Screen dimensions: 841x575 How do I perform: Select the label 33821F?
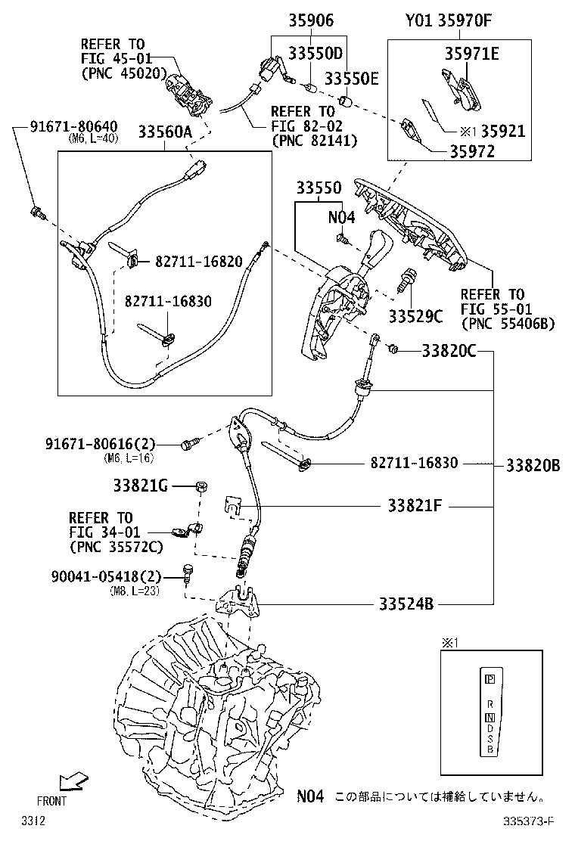pyautogui.click(x=415, y=504)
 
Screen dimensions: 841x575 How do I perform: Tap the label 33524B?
pyautogui.click(x=406, y=604)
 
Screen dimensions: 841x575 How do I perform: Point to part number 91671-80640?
pyautogui.click(x=64, y=126)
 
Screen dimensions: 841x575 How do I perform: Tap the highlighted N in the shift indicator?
pyautogui.click(x=490, y=716)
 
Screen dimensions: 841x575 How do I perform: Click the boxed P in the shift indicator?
pyautogui.click(x=490, y=678)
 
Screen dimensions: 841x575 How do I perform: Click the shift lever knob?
pyautogui.click(x=377, y=247)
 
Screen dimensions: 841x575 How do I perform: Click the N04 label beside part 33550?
pyautogui.click(x=340, y=217)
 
